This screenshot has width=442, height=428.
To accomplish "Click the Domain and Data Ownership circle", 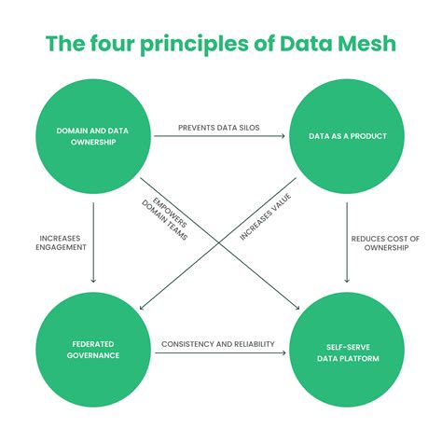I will pyautogui.click(x=93, y=137).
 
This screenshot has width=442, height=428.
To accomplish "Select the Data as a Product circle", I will pyautogui.click(x=347, y=137).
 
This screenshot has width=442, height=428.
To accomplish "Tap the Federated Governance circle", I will pyautogui.click(x=93, y=349).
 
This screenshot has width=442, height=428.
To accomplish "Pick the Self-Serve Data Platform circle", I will pyautogui.click(x=347, y=349).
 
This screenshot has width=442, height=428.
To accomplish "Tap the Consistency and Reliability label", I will pyautogui.click(x=220, y=344).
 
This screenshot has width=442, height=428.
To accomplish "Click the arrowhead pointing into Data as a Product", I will pyautogui.click(x=283, y=137).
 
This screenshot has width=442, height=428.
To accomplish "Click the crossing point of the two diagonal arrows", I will pyautogui.click(x=220, y=240).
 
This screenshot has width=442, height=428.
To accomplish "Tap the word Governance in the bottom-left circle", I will pyautogui.click(x=93, y=354).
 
